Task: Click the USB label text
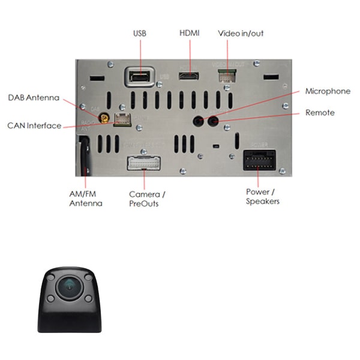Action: pos(139,33)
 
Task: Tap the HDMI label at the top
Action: pos(189,33)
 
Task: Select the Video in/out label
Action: pos(241,33)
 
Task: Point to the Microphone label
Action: pos(328,91)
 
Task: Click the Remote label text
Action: pos(320,113)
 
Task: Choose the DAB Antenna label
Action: pos(34,97)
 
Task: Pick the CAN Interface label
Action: pos(34,125)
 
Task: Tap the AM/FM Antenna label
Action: pos(86,199)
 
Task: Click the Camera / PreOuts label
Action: pos(147,199)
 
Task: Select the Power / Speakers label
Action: pos(263,196)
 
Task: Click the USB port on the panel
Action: pos(139,77)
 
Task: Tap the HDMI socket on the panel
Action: pos(189,76)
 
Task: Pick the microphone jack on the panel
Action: pos(198,121)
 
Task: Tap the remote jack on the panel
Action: pos(212,121)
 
